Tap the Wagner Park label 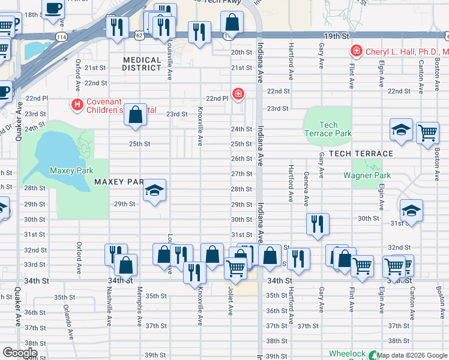[367, 175]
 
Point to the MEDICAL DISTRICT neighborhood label [142, 64]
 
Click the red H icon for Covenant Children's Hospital [77, 105]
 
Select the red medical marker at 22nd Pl [239, 94]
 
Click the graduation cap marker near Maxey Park [155, 191]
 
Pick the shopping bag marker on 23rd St [136, 115]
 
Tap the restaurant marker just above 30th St [318, 224]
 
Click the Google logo [19, 353]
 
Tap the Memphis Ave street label [139, 312]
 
